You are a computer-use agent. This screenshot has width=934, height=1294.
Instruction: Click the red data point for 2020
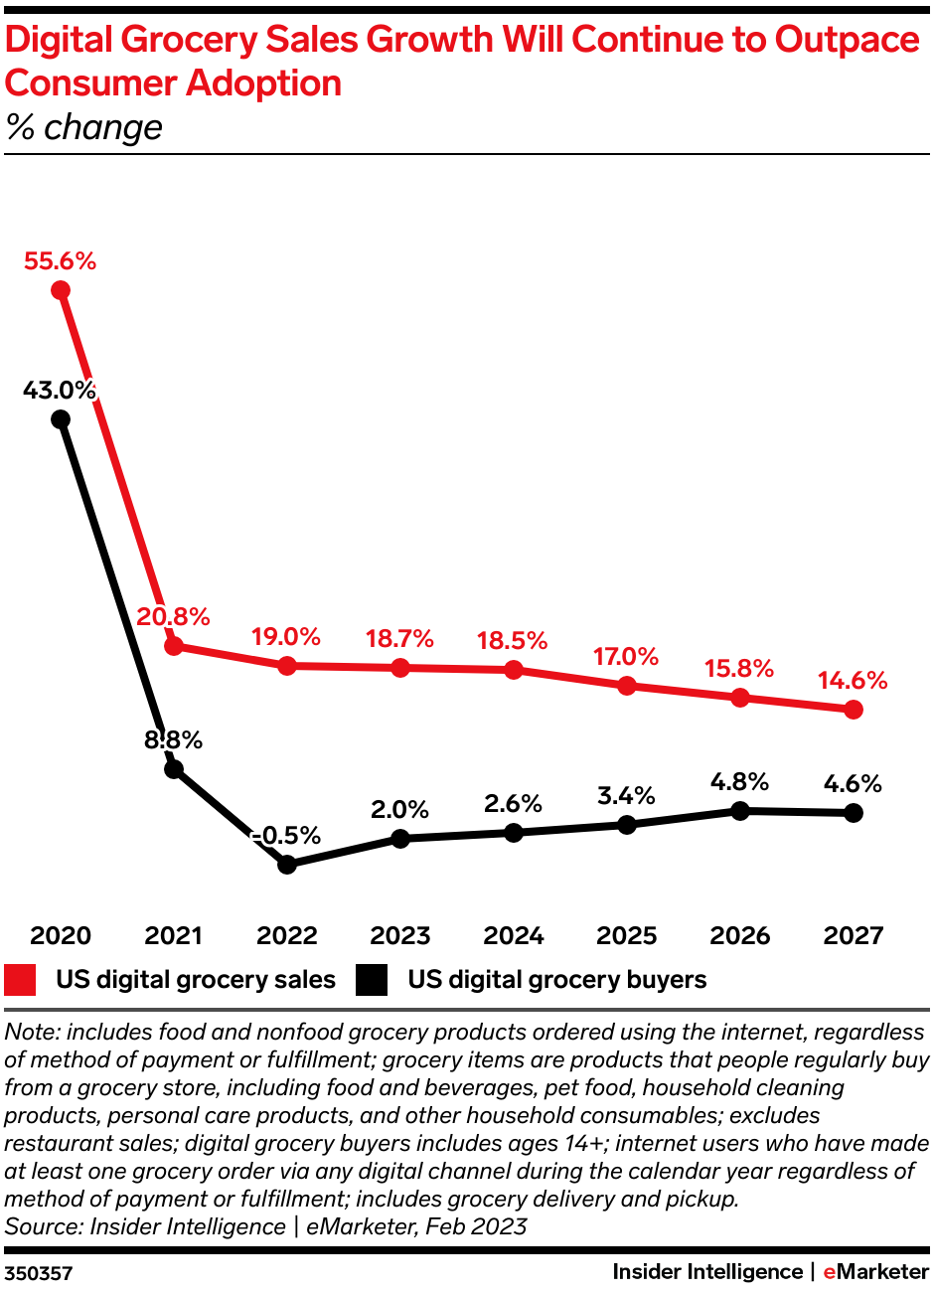click(61, 290)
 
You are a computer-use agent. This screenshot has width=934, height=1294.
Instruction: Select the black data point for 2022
click(287, 865)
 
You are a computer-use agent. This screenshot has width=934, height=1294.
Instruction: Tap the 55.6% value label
click(61, 261)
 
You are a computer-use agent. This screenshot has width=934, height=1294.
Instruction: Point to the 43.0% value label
click(60, 391)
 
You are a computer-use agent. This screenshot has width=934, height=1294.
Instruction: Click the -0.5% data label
click(287, 836)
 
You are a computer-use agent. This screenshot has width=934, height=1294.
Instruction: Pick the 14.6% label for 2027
click(853, 682)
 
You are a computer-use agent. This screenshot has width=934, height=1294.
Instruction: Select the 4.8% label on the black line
click(739, 782)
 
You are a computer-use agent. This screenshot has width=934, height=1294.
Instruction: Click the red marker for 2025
click(627, 686)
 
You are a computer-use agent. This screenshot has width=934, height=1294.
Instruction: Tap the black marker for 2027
click(853, 813)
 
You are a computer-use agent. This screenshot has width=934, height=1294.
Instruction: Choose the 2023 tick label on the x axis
click(400, 936)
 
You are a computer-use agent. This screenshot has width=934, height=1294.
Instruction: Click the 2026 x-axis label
click(739, 936)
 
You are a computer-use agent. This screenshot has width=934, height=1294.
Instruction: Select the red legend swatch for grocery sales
click(21, 980)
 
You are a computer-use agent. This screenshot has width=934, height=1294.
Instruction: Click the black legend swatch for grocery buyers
click(373, 980)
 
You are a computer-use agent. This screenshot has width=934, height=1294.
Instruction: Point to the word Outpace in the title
click(848, 40)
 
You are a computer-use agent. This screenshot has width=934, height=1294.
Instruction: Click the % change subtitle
click(83, 127)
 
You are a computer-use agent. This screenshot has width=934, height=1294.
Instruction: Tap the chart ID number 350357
click(38, 1273)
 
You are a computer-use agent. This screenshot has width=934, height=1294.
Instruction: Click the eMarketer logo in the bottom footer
click(875, 1272)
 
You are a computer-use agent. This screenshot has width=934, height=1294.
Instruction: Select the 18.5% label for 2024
click(513, 641)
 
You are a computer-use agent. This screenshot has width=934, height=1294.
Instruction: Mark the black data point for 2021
click(174, 768)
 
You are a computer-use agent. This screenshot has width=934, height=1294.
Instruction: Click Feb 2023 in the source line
click(476, 1226)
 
